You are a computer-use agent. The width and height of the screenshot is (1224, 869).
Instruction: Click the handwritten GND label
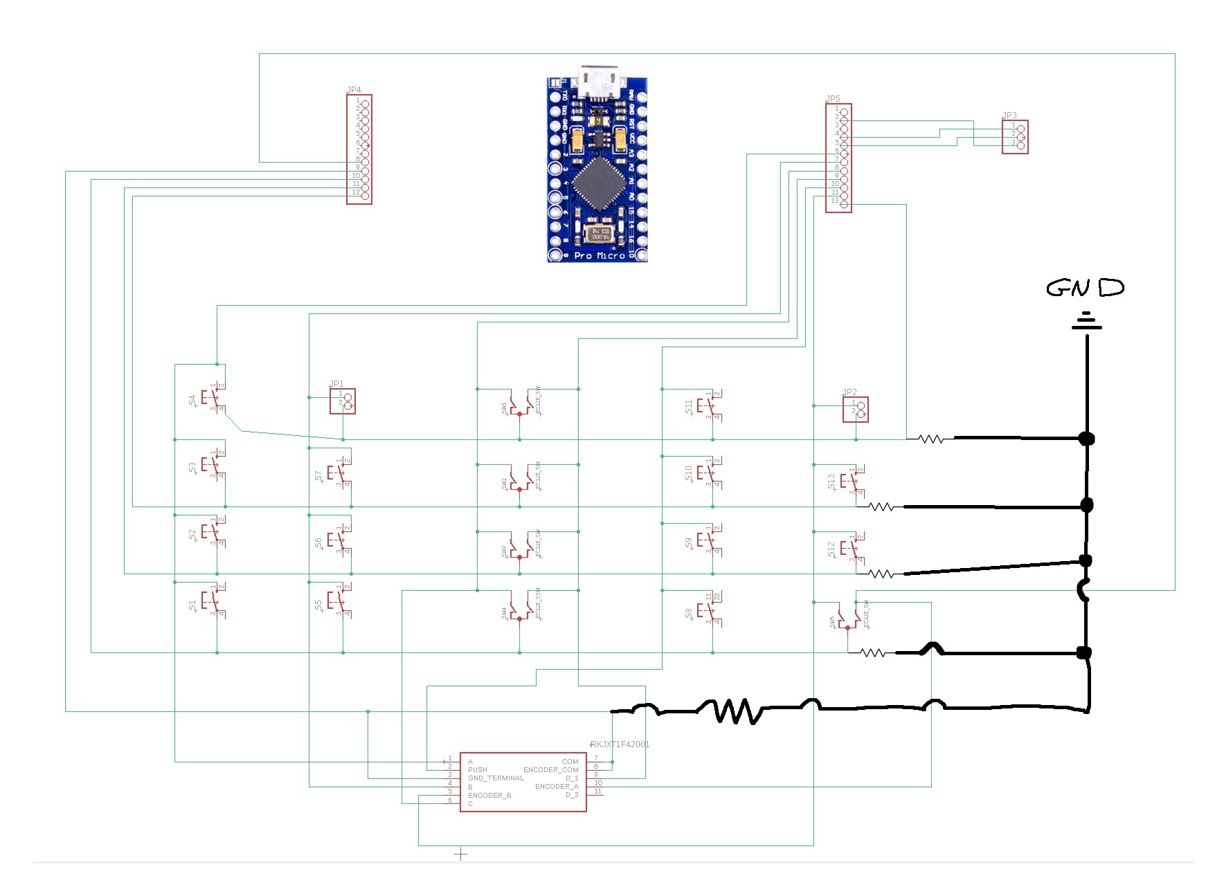pos(1085,288)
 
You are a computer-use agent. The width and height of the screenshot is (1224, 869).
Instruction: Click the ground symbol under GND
pos(1087,322)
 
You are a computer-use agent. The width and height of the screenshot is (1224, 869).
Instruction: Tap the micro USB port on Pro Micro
pos(598,82)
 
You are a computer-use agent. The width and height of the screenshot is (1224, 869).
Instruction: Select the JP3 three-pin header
pos(1015,136)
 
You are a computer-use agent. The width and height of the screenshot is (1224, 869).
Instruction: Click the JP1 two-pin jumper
pos(343,401)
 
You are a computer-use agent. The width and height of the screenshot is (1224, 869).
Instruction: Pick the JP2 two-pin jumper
pos(855,410)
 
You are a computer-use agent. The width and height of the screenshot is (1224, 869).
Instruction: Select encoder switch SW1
pos(519,404)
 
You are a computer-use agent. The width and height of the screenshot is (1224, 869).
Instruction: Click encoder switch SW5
pos(847,617)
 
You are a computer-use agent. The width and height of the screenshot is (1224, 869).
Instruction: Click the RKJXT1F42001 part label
pos(620,744)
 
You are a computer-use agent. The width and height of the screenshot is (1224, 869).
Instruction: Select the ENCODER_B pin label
pos(489,795)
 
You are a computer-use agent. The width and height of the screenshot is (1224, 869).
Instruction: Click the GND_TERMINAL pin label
pos(496,778)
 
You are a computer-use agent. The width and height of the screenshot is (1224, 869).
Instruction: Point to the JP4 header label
pos(354,90)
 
